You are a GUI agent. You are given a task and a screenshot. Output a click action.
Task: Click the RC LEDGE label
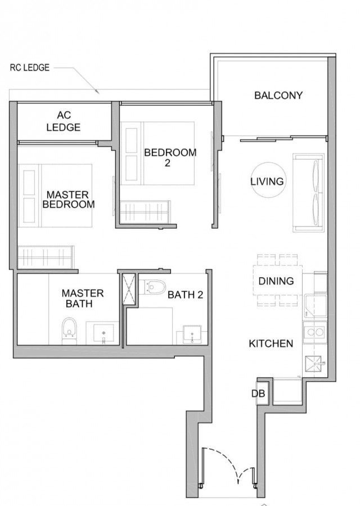point(30,68)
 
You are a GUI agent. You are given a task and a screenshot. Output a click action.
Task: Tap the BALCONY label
point(278,95)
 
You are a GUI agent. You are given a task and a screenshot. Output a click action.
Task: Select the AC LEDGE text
point(64,121)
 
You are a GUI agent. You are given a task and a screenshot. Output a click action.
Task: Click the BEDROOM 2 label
point(170,157)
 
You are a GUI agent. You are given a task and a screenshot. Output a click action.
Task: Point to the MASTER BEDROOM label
point(69,200)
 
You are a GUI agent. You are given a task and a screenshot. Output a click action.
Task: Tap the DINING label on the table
point(276,281)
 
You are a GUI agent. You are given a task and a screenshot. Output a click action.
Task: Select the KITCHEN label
point(271,344)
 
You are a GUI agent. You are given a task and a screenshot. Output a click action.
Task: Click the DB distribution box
point(262,393)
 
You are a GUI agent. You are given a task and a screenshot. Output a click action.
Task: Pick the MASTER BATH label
point(83,299)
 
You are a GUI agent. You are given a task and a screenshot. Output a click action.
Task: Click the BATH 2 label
point(185,295)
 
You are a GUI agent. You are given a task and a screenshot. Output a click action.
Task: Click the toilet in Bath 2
point(154,287)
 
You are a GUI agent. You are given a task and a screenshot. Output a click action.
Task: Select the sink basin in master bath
point(103,332)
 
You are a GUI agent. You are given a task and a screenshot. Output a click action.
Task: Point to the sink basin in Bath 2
point(192,334)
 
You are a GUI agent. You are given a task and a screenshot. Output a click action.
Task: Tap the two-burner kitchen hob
point(314,332)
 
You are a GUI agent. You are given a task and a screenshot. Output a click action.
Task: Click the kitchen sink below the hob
point(314,364)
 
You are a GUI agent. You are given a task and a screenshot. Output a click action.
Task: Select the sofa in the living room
point(308,193)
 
